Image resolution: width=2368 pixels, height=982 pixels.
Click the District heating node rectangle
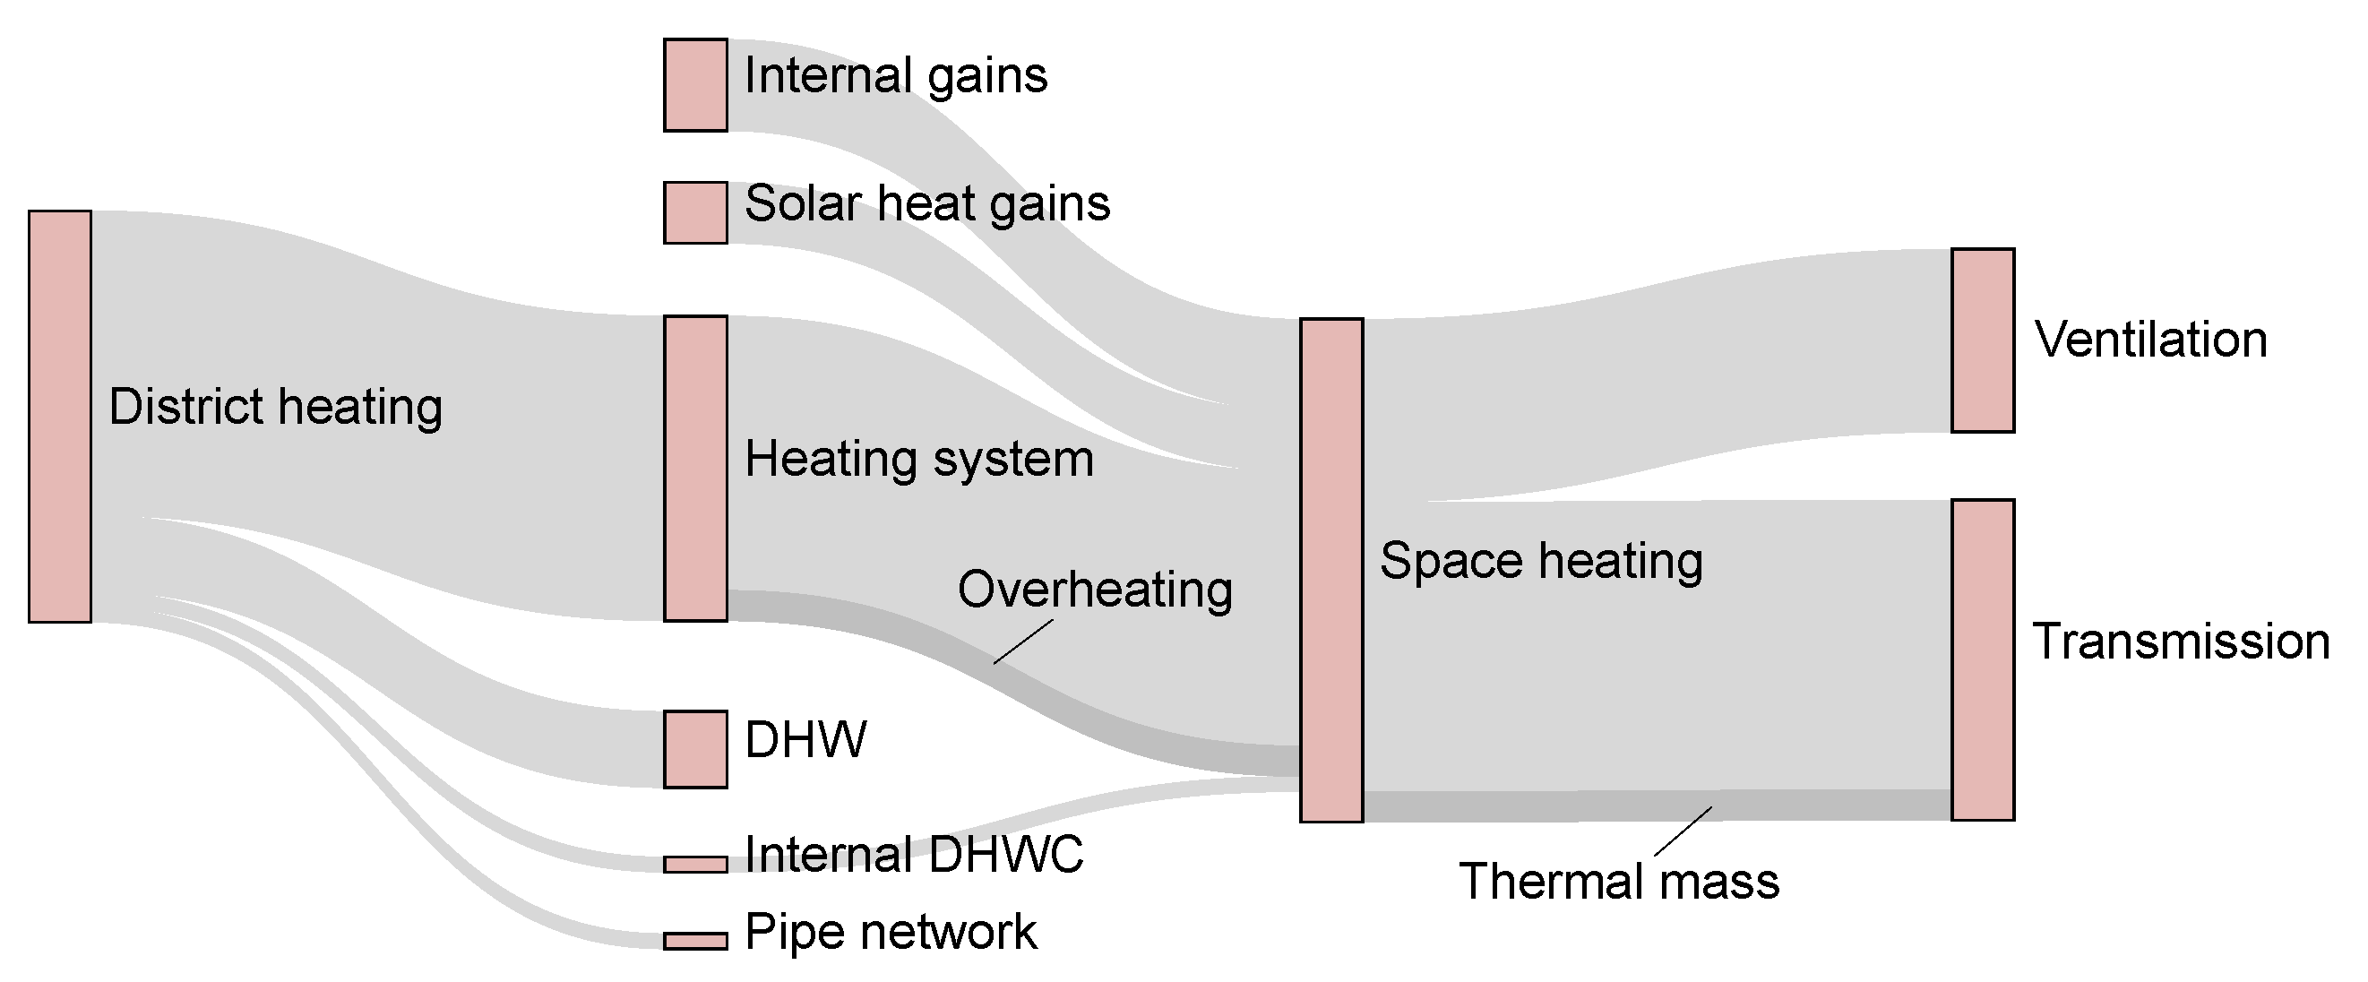pyautogui.click(x=60, y=417)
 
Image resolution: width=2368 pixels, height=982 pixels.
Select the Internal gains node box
pyautogui.click(x=695, y=84)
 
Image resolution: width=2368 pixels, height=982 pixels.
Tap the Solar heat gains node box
pyautogui.click(x=695, y=212)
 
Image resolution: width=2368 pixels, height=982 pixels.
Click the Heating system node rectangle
pyautogui.click(x=695, y=468)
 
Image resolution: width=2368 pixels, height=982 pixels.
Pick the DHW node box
pyautogui.click(x=695, y=748)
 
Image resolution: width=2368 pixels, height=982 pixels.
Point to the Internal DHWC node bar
pyautogui.click(x=695, y=865)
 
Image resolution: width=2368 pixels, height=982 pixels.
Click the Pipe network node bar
pyautogui.click(x=695, y=941)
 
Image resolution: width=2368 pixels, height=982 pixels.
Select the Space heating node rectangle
pyautogui.click(x=1330, y=570)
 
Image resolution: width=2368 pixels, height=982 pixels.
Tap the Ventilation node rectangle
pyautogui.click(x=1982, y=340)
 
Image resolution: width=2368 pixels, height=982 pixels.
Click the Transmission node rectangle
pyautogui.click(x=1982, y=659)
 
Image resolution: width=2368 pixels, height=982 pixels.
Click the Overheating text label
pyautogui.click(x=1094, y=590)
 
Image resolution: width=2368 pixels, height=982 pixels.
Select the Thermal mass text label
pyautogui.click(x=1619, y=881)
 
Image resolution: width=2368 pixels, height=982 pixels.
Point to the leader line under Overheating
pyautogui.click(x=1022, y=642)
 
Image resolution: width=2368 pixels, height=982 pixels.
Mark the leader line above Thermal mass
pyautogui.click(x=1683, y=831)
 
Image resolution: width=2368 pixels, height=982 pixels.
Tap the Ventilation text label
pyautogui.click(x=2150, y=340)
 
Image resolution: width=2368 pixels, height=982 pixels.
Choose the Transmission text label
pyautogui.click(x=2180, y=642)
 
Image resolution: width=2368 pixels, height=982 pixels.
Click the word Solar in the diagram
pyautogui.click(x=803, y=203)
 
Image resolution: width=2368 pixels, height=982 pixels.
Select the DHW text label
pyautogui.click(x=805, y=739)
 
